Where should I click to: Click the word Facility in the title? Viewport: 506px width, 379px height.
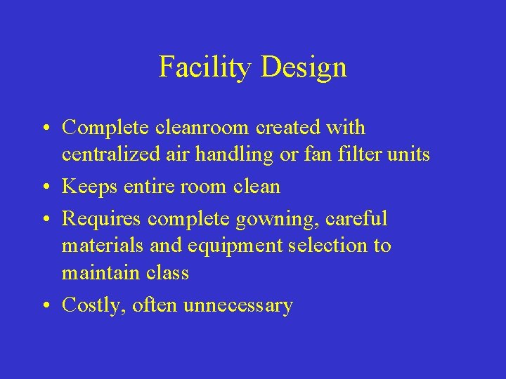pos(205,67)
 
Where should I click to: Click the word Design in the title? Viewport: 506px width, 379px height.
pos(304,67)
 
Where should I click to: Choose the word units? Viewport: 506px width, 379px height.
pos(409,154)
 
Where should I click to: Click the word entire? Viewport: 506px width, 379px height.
pos(144,187)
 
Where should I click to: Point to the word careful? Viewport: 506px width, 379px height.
pos(357,219)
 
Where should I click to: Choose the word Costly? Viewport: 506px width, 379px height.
pos(91,306)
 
